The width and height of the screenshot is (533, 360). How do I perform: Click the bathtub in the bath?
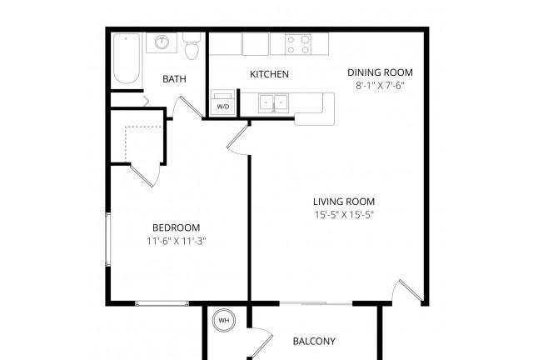[x=127, y=58]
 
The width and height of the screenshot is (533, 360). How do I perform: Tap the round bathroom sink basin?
[x=162, y=42]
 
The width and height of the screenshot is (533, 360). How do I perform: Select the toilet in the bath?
[x=192, y=46]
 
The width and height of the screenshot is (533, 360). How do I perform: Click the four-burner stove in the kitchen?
[x=298, y=44]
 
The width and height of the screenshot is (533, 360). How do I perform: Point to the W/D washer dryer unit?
[x=223, y=102]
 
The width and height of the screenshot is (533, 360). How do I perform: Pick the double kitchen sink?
[x=273, y=102]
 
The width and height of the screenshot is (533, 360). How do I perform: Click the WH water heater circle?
[x=223, y=320]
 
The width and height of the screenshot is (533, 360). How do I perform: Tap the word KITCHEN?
[x=269, y=74]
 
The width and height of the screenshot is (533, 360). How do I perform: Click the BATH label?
[x=174, y=79]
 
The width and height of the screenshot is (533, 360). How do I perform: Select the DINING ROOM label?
[x=380, y=72]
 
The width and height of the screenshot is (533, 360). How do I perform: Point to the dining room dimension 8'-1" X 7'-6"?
[x=380, y=85]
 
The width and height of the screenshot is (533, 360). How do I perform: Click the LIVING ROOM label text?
[x=344, y=202]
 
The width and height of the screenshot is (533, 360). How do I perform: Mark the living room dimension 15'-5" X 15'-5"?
[x=344, y=215]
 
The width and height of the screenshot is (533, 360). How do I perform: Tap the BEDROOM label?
[x=176, y=227]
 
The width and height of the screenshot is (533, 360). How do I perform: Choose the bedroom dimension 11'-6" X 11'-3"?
[x=177, y=241]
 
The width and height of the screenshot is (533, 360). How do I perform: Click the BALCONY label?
[x=314, y=342]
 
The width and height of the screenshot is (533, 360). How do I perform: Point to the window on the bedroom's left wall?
[x=107, y=239]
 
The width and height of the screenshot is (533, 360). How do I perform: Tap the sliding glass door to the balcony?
[x=316, y=303]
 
